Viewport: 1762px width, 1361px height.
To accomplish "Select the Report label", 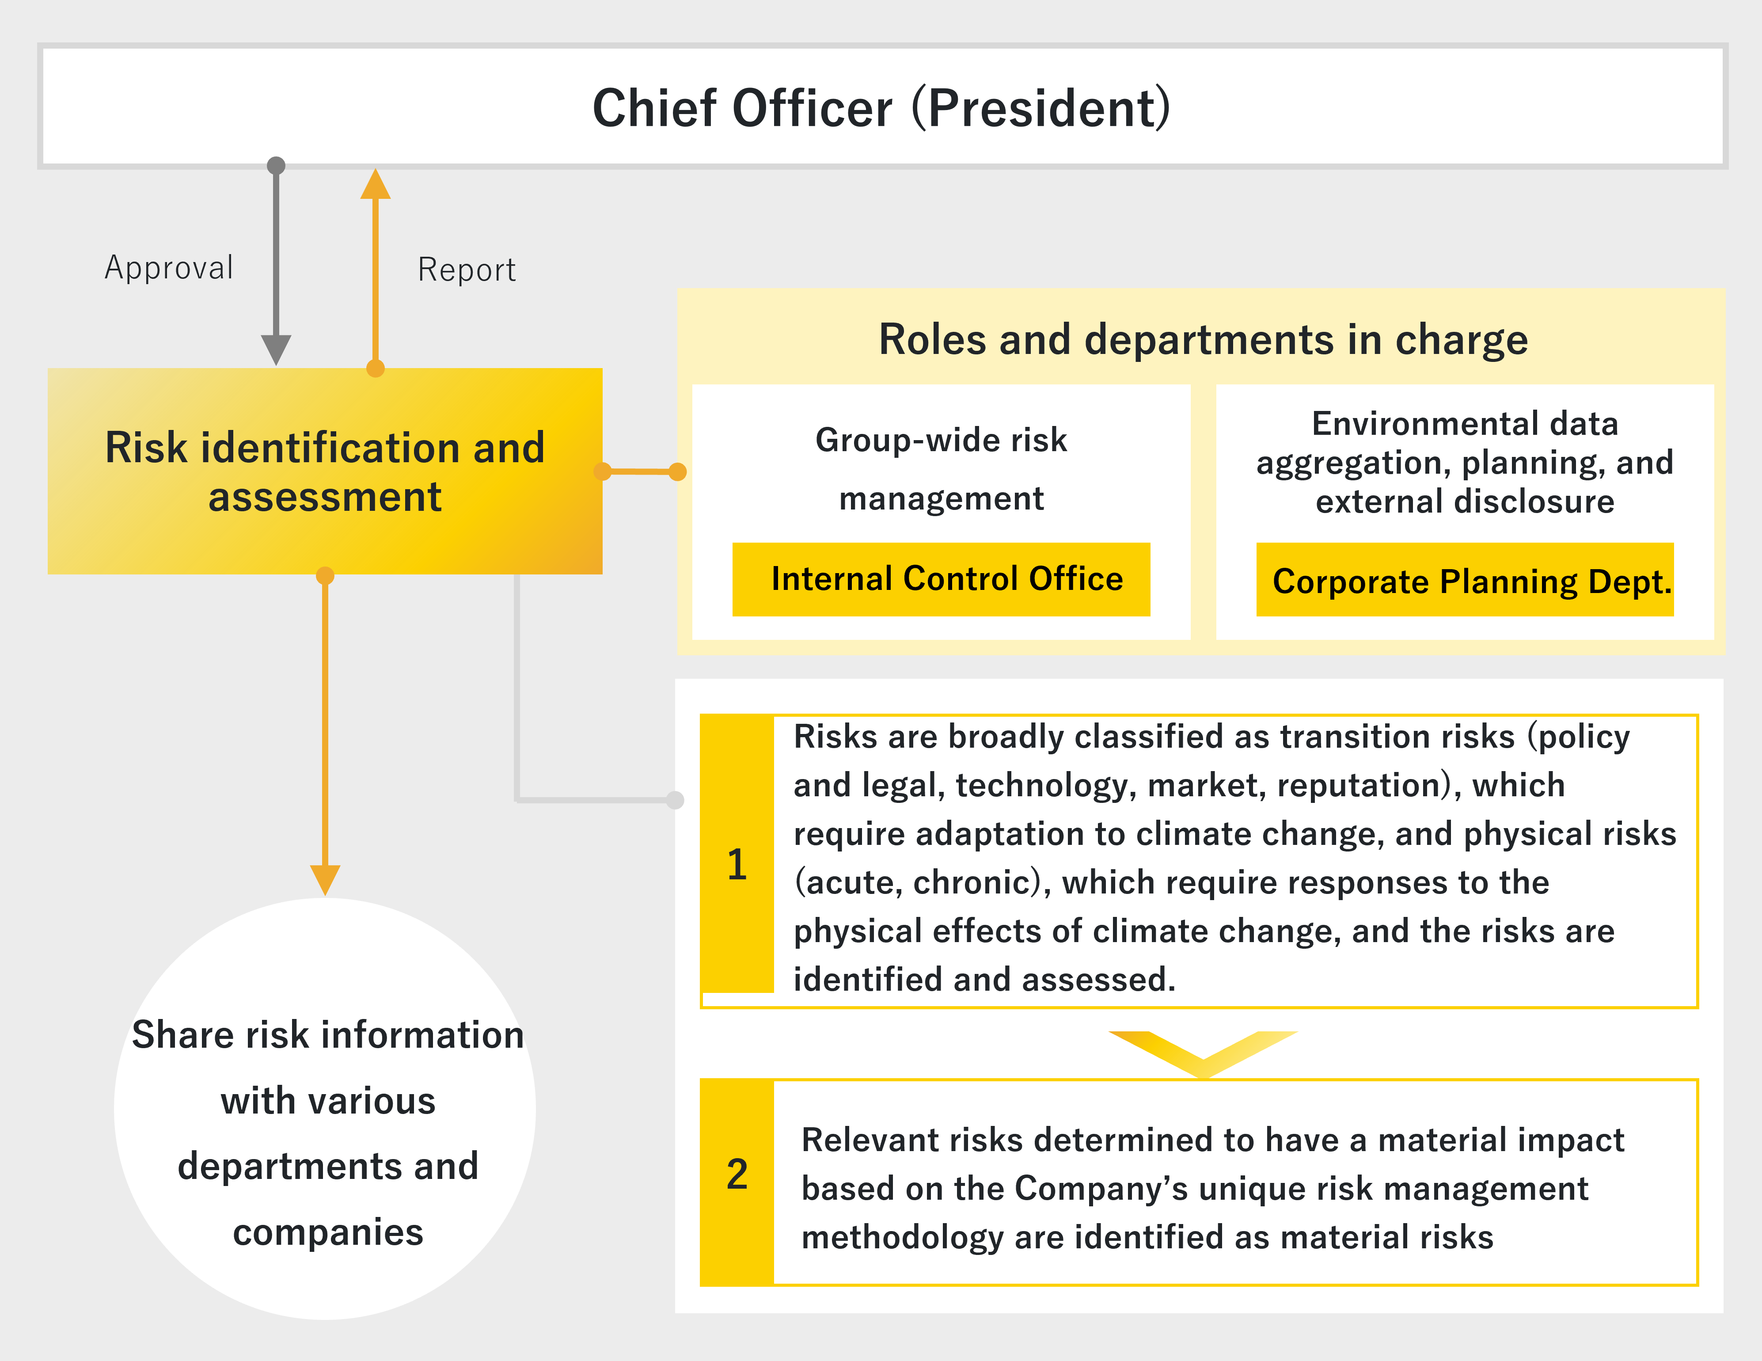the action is [466, 270].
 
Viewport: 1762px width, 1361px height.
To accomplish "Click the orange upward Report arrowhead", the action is [375, 184].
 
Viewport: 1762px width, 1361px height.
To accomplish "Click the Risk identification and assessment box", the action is [325, 471].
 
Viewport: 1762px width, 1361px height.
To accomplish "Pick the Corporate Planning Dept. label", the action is [1472, 582].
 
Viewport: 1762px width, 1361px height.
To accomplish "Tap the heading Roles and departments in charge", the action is [1203, 339].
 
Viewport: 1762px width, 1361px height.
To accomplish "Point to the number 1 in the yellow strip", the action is [737, 864].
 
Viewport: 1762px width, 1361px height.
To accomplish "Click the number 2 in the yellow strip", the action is [737, 1174].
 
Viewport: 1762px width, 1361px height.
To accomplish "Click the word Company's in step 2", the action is [1101, 1188].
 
